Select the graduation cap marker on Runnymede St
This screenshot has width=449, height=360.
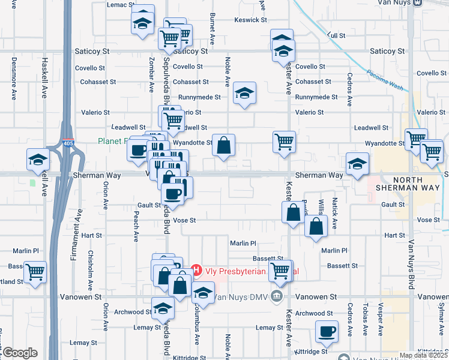tap(244, 93)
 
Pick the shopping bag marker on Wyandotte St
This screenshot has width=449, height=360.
tap(223, 145)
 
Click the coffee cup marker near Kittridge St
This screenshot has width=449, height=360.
tap(327, 331)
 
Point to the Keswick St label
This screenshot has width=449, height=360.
tap(251, 20)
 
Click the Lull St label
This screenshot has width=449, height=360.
tap(337, 35)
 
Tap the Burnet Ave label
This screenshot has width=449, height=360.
tap(212, 33)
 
